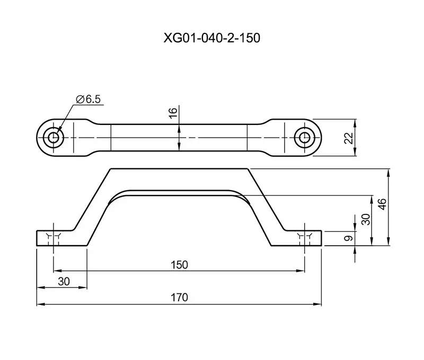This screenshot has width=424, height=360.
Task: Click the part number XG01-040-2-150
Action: [211, 38]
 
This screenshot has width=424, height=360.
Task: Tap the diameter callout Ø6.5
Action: [88, 100]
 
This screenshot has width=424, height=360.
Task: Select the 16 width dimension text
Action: [173, 112]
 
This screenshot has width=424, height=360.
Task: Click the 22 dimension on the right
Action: [349, 138]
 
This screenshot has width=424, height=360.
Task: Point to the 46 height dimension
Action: [383, 204]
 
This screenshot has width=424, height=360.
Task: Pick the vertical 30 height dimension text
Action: [366, 219]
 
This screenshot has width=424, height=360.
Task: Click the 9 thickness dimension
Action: [349, 238]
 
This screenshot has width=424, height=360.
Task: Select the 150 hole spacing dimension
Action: [179, 265]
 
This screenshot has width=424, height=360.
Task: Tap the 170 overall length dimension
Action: [179, 298]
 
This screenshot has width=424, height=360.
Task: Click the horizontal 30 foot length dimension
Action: [64, 282]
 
